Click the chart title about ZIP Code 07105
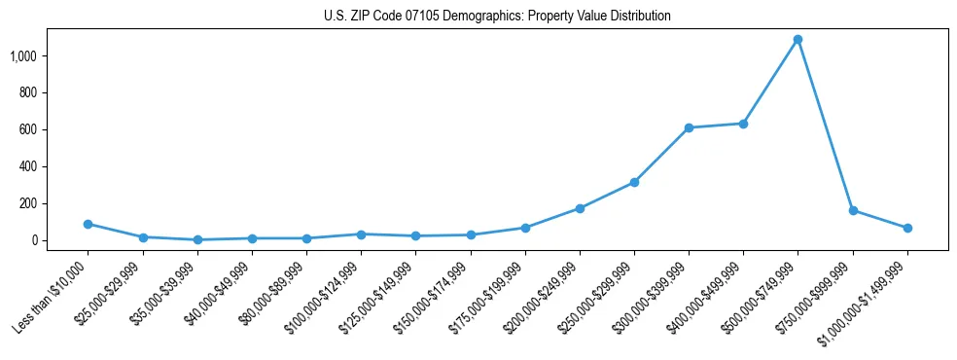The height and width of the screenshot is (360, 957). [497, 17]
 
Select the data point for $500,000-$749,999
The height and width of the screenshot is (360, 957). [797, 40]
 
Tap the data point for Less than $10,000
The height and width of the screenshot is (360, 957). [89, 224]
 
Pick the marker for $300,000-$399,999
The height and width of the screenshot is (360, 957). [689, 128]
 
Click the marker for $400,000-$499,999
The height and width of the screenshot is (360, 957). [743, 124]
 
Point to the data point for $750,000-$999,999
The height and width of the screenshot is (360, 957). [853, 210]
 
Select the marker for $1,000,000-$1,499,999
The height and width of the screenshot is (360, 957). [907, 228]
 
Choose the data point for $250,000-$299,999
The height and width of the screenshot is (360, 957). [634, 182]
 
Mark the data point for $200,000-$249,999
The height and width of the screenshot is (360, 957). [580, 208]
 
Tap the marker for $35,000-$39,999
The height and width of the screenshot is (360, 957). [197, 239]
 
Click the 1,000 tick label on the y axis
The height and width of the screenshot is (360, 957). [23, 56]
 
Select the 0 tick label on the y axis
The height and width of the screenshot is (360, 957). [35, 240]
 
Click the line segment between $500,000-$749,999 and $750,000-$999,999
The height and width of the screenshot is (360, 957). [825, 125]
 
